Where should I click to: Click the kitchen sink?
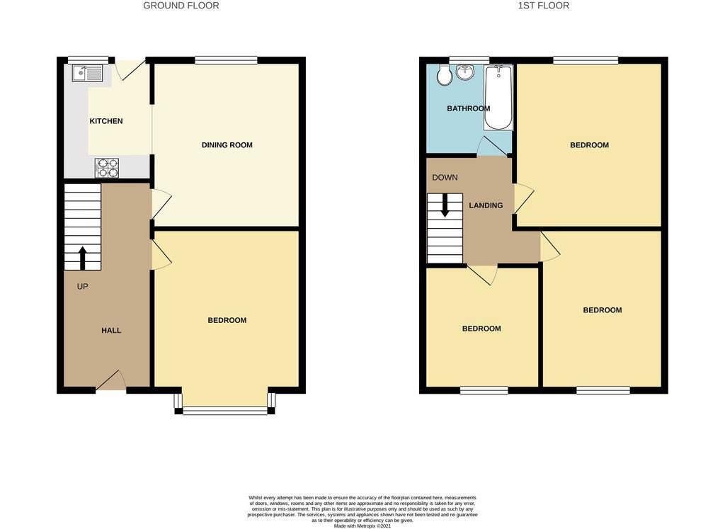(87, 74)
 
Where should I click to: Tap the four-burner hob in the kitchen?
(107, 168)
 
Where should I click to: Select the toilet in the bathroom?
(445, 75)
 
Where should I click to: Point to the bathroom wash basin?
(465, 72)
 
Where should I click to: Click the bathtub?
(498, 98)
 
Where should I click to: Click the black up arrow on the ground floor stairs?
(83, 258)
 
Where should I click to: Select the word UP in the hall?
(82, 287)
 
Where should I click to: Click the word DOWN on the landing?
(445, 178)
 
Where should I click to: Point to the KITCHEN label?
(106, 121)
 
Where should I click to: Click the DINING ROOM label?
(227, 145)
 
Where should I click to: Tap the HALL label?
(111, 331)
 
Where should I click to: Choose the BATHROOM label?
(469, 108)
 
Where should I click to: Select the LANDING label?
(486, 205)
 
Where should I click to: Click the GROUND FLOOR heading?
(181, 6)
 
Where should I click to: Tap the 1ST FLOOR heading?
(544, 6)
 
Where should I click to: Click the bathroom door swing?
(492, 146)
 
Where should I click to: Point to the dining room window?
(226, 60)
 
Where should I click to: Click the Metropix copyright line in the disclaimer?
(362, 525)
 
